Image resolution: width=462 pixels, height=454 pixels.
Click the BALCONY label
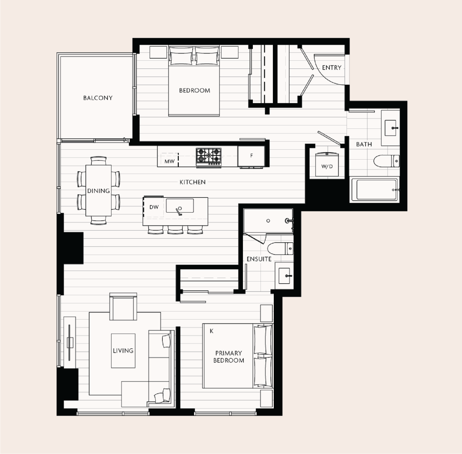click(98, 98)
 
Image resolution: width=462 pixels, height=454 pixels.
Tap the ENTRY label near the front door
click(332, 68)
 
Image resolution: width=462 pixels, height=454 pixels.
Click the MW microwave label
click(169, 161)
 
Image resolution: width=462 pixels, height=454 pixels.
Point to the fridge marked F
click(252, 156)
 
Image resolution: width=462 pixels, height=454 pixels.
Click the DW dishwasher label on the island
click(154, 207)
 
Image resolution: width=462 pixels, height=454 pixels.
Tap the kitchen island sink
click(180, 206)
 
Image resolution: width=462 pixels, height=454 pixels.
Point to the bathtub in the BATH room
click(374, 189)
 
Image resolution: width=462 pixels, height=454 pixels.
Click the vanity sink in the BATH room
click(391, 128)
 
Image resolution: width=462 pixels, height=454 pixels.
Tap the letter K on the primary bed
click(212, 331)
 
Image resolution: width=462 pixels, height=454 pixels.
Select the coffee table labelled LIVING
click(123, 351)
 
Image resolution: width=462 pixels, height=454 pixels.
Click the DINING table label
click(98, 191)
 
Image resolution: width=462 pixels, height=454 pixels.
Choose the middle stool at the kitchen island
click(175, 230)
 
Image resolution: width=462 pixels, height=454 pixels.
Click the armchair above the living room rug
click(123, 307)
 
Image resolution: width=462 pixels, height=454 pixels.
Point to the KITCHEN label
click(192, 182)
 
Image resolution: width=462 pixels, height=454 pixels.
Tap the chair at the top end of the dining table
click(98, 160)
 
